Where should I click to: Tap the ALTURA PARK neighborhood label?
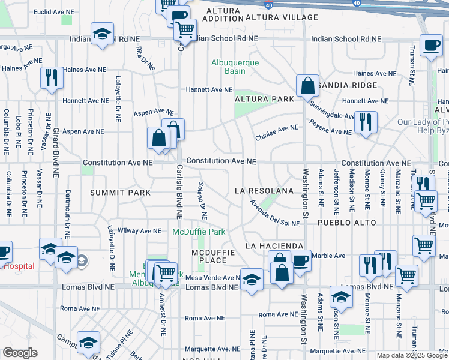point(264,99)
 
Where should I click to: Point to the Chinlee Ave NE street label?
point(276,132)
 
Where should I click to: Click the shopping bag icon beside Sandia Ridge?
point(307,85)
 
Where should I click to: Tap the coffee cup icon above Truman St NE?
point(430,46)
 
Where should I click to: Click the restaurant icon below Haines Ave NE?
point(51,77)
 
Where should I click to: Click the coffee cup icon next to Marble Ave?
point(300,260)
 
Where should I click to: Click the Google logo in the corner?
point(20,353)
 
